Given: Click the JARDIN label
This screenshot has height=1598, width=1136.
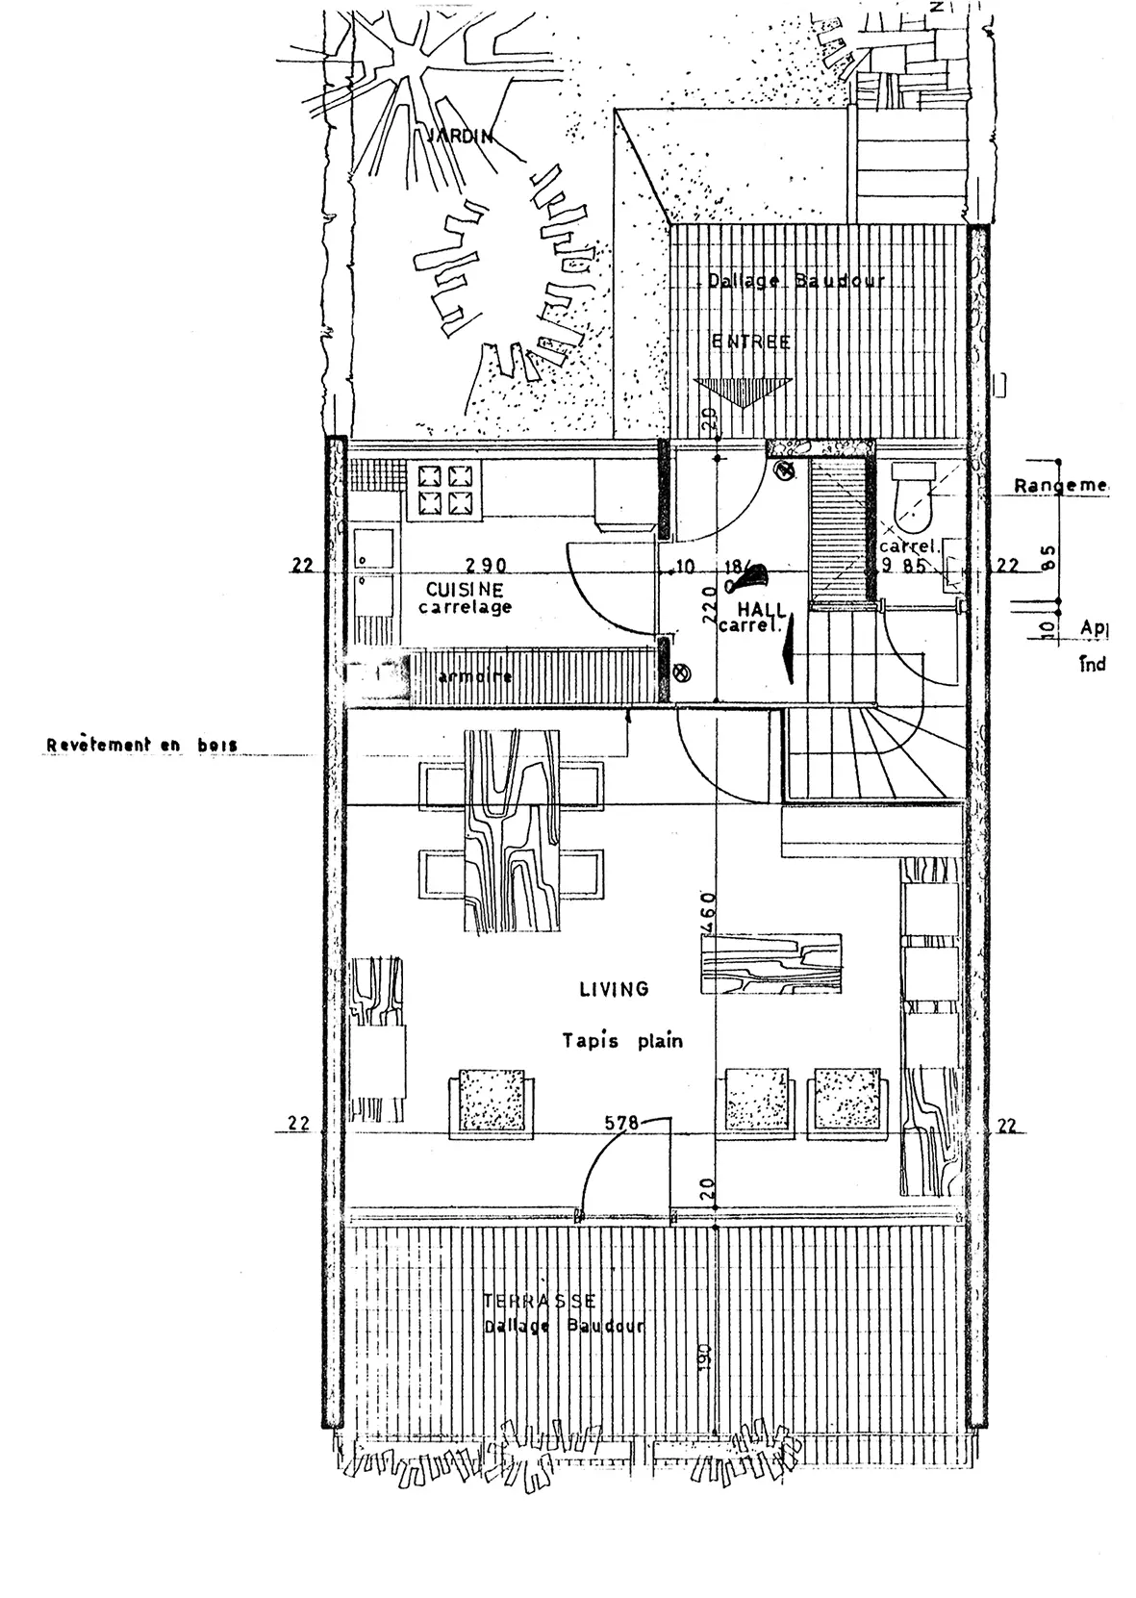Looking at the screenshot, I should (x=458, y=136).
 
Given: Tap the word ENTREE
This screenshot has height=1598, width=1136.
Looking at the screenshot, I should (x=751, y=342).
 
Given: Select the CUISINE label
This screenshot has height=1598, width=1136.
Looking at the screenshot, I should (x=465, y=588).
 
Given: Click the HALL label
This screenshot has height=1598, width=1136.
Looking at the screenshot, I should (x=762, y=610).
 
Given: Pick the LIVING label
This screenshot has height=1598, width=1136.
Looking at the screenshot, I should (x=614, y=988).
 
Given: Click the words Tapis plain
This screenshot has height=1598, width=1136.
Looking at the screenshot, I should (x=622, y=1040).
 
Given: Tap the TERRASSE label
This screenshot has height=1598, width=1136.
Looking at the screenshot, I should (x=539, y=1301).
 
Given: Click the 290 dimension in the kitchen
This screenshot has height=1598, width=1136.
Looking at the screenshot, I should (x=486, y=566).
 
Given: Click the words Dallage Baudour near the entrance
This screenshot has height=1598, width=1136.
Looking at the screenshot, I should (x=795, y=281).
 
